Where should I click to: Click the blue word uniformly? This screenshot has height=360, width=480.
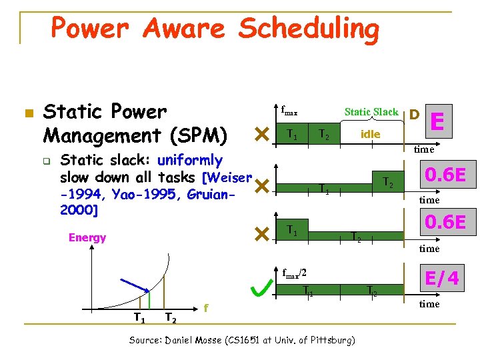[190, 160]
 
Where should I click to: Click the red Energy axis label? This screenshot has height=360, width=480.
[87, 238]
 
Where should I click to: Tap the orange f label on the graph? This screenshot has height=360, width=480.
[207, 308]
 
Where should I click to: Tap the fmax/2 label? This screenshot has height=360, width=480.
[293, 273]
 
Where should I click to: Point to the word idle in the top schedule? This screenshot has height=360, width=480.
[370, 134]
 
